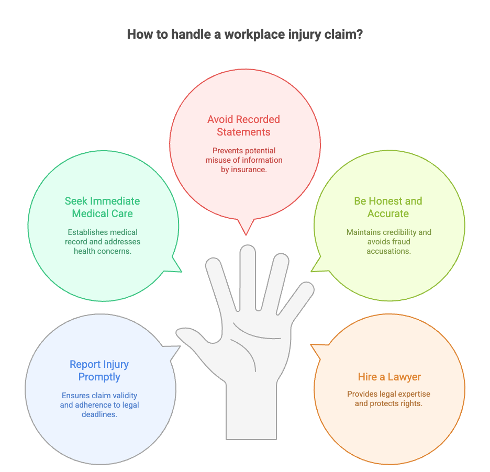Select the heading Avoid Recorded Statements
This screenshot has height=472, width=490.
243,126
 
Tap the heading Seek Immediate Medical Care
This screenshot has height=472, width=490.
103,207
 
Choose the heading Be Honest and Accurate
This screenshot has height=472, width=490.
388,207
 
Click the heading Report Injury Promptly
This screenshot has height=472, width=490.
99,370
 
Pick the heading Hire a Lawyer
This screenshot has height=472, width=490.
389,377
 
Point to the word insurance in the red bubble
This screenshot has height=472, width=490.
249,169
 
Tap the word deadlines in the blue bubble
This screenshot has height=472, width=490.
99,414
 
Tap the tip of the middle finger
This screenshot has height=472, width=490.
248,252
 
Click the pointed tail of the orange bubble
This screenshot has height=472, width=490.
314,346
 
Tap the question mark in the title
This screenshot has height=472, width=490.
359,36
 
